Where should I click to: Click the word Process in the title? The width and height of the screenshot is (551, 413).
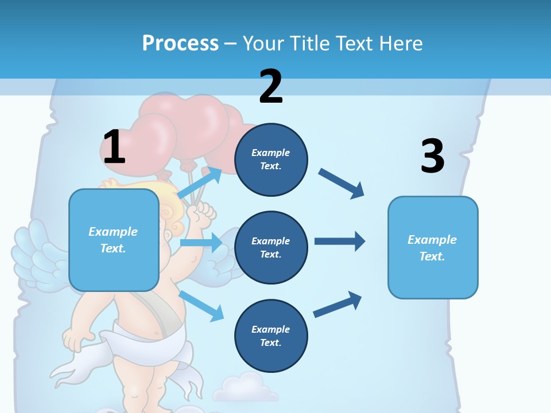pos(180,43)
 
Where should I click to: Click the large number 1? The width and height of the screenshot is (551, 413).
pos(114,147)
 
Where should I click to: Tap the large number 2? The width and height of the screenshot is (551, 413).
pos(271,87)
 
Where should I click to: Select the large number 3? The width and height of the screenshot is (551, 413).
pos(432,156)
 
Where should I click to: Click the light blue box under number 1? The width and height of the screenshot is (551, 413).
pos(114,240)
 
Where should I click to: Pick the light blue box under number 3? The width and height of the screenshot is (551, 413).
pos(433,247)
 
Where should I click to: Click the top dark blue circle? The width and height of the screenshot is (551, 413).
pos(271,159)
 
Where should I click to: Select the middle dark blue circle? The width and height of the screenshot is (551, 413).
pos(271,247)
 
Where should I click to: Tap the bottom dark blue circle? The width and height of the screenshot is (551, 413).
pos(271,336)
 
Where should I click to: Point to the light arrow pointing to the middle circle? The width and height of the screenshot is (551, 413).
pos(201,243)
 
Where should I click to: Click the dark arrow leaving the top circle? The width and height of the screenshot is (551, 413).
pos(341,183)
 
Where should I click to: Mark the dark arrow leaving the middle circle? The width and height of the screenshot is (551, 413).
pos(339,241)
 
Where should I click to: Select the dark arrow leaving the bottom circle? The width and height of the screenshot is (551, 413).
pos(337,304)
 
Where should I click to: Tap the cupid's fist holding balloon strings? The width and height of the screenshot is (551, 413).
pos(203,215)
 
